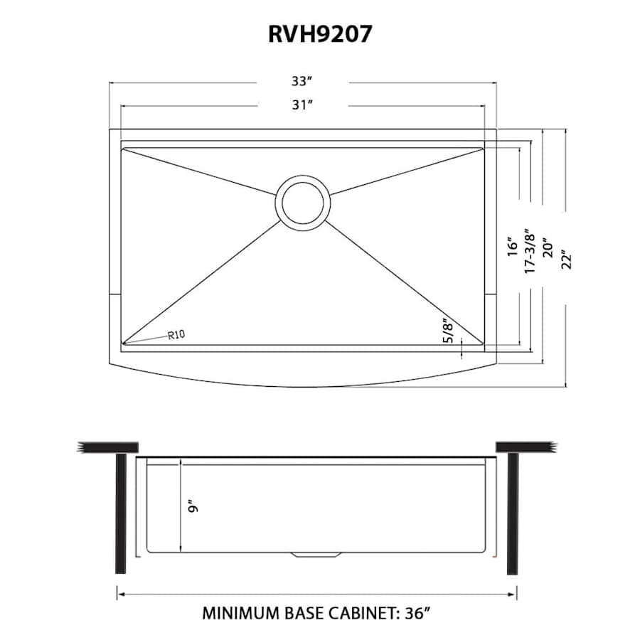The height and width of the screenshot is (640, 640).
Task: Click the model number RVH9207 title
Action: (x=319, y=35)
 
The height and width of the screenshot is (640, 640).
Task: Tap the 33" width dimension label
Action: (x=302, y=83)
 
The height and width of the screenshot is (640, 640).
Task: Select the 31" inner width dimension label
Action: (x=302, y=105)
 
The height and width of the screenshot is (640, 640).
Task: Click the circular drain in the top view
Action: (x=303, y=200)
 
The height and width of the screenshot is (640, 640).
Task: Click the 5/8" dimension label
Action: (x=447, y=332)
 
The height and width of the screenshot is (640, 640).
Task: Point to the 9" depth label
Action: (x=191, y=506)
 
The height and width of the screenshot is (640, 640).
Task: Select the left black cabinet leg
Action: (x=121, y=513)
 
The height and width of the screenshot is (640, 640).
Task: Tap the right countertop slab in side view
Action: (x=524, y=446)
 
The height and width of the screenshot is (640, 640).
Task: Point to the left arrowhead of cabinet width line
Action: (x=120, y=593)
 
